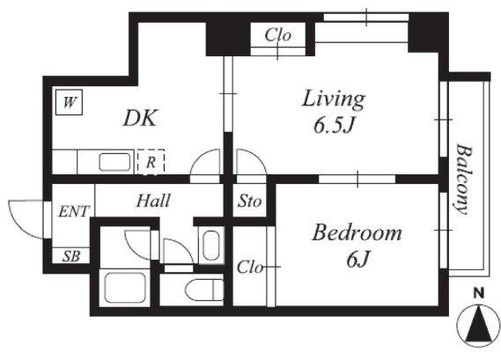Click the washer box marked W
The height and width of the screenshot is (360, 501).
69,102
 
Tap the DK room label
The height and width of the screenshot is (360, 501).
140,118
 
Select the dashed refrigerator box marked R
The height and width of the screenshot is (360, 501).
151,162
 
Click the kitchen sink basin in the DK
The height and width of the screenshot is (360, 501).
114,162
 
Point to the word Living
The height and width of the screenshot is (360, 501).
333,99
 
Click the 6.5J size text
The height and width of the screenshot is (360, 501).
334,125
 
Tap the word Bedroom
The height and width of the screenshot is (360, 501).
357,232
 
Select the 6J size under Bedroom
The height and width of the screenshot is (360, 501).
357,259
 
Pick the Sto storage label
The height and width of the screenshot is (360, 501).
249,202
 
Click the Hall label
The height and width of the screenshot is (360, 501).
153,201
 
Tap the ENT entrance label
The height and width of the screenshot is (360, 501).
74,211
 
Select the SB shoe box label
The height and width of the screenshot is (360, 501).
71,256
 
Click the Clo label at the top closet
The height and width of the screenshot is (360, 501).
278,35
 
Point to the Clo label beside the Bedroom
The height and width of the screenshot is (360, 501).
249,267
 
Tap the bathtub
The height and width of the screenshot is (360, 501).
125,287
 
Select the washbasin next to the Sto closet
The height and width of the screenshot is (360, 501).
211,246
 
